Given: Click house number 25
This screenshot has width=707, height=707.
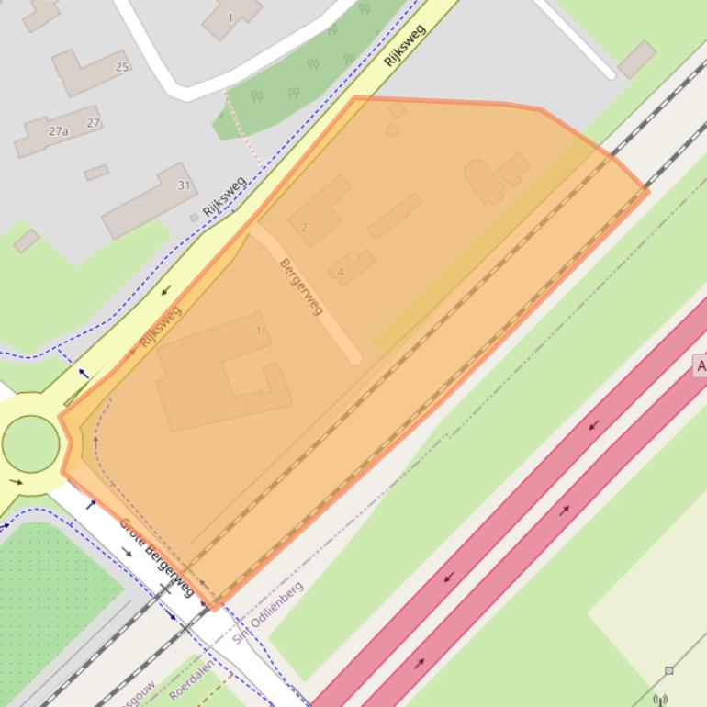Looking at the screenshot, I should pos(122,66).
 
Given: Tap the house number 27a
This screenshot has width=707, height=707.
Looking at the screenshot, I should pos(59,131).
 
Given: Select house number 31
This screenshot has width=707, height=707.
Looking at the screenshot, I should pos(184,185).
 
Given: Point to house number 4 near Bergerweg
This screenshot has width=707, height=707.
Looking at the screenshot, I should pos(341,272).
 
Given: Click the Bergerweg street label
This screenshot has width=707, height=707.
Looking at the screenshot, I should pos(301,286).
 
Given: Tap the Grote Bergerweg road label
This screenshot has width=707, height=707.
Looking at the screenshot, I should pos(156,556).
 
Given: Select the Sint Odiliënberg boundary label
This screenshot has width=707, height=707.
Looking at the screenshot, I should pos(268,611).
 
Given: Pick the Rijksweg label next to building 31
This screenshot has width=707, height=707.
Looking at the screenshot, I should pos(225,196).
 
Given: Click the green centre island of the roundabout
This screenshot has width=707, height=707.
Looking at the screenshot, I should pos(30,443).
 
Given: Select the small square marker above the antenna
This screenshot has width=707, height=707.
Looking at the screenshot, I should pos(668,670).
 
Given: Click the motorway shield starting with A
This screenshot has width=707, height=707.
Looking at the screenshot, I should pos(701,366).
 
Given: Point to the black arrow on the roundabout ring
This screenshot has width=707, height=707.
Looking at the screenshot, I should pos(17,481).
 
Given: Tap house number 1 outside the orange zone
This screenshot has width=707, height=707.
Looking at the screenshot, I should pos(230,17).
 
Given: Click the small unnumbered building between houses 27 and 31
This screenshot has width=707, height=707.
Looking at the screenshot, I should pos(96,173).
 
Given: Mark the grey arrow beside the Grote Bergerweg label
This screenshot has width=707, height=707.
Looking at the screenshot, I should pos(127,552).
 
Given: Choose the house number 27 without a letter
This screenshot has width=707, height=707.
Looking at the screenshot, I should pos(94,122).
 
